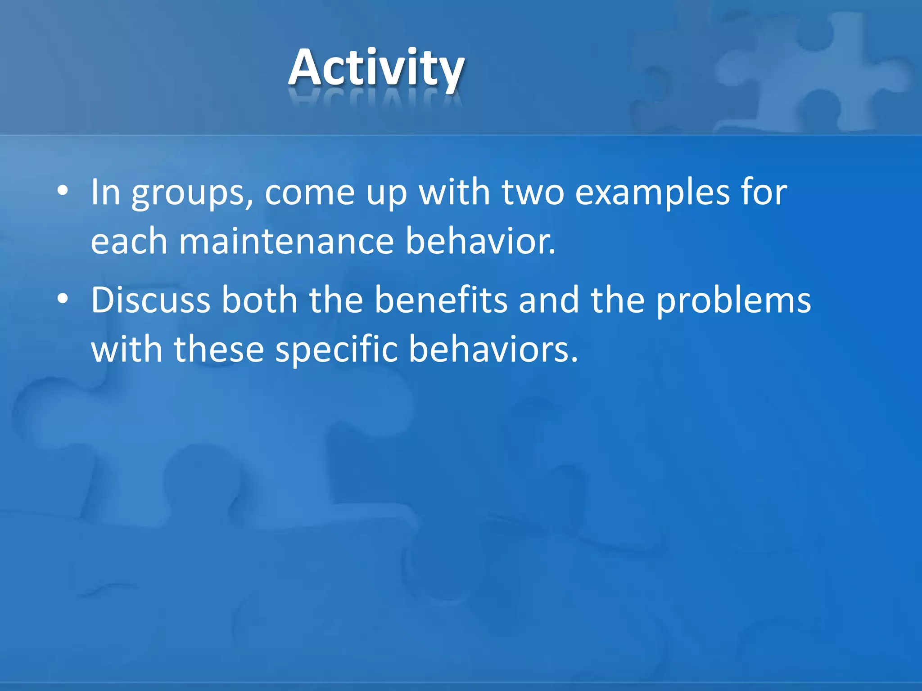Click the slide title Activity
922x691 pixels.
(376, 67)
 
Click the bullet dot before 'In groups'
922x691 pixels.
(63, 191)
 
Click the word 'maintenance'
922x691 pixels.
(287, 242)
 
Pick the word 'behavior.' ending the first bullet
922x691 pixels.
(480, 242)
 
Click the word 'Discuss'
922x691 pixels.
(150, 300)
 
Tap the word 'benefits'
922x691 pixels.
(441, 300)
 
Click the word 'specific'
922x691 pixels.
(336, 350)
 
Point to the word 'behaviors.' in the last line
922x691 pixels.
(493, 350)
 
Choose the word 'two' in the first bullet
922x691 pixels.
(533, 193)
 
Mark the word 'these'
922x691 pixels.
(219, 350)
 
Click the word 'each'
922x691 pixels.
(129, 242)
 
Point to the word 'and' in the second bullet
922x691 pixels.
(549, 300)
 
